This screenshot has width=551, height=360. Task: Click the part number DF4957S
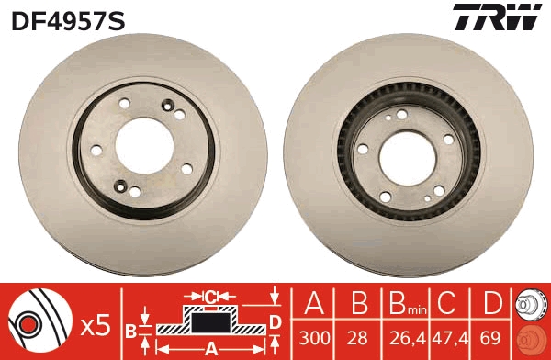(67, 18)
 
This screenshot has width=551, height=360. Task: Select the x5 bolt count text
(95, 324)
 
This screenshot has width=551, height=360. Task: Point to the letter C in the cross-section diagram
(210, 297)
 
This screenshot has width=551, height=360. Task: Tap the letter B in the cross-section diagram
(130, 329)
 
